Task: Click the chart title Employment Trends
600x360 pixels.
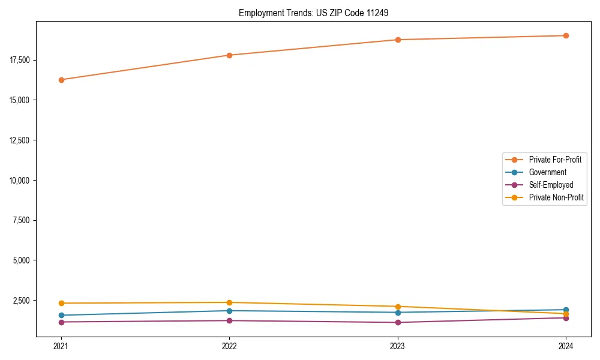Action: (314, 13)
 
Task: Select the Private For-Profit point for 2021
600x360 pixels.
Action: (61, 80)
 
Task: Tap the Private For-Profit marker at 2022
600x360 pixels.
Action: (229, 55)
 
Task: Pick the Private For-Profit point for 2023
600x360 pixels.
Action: (398, 40)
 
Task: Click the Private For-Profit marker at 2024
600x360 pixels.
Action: (566, 35)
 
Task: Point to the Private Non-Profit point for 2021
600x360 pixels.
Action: (61, 303)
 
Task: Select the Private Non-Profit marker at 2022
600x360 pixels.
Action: (229, 302)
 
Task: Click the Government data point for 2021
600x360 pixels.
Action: (61, 315)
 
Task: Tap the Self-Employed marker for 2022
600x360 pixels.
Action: (229, 320)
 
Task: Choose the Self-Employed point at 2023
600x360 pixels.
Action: (398, 322)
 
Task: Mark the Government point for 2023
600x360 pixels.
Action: (398, 312)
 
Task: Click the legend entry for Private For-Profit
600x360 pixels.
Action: (554, 160)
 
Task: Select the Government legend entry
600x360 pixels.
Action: (547, 172)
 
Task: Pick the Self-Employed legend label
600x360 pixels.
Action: (551, 185)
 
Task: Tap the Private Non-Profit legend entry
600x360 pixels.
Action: (556, 197)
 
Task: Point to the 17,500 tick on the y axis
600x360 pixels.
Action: (20, 60)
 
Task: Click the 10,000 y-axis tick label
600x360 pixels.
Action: (20, 180)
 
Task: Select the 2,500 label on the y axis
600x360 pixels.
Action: (22, 300)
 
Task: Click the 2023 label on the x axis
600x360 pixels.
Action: (398, 346)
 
